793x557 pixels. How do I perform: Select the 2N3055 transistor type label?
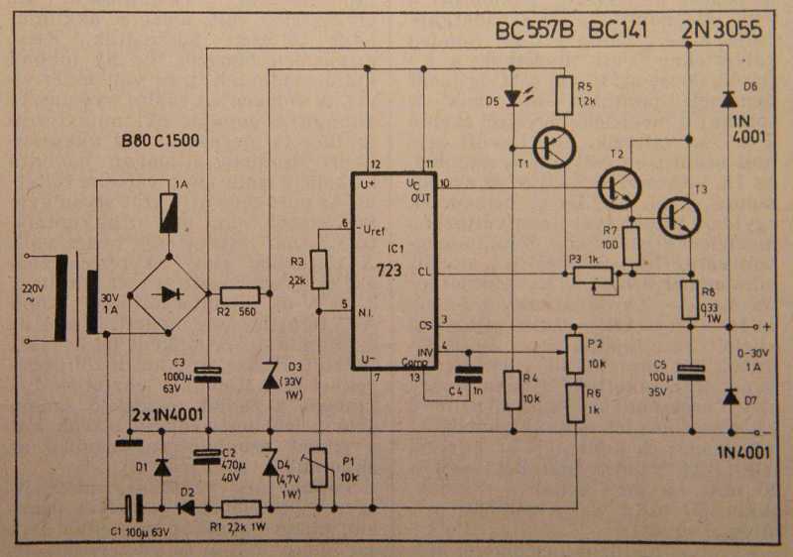[x=721, y=32]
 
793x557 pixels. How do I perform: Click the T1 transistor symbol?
[x=548, y=146]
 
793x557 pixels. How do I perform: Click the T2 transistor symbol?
[x=619, y=185]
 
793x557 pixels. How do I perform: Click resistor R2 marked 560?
[x=240, y=293]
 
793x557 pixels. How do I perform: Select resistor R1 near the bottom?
[x=241, y=509]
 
